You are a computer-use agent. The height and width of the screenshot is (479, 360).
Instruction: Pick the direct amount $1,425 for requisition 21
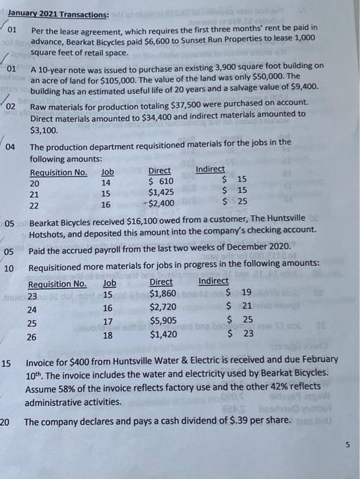161,193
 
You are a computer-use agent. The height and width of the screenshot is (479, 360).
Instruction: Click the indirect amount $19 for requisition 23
239,294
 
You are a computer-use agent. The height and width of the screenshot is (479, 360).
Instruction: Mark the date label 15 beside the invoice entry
6,363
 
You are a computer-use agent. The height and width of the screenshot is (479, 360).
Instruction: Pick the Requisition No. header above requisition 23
57,283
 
